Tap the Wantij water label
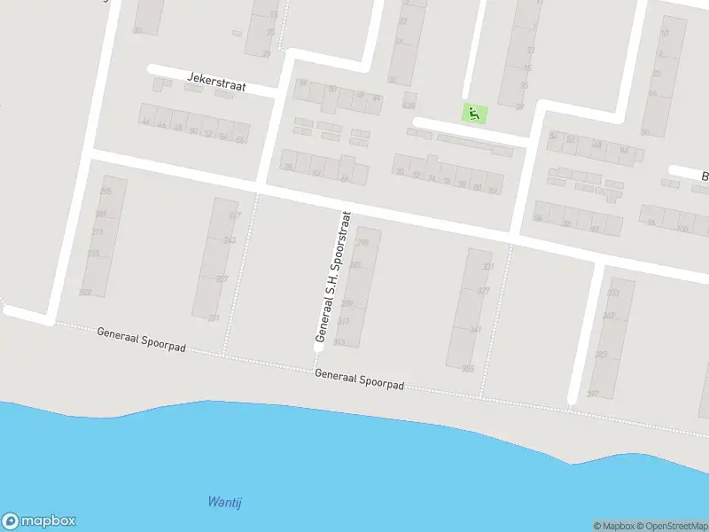tap(224, 502)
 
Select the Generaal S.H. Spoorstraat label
tap(333, 278)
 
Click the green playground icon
tap(475, 113)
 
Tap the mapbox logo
tap(39, 521)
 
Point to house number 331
tap(487, 266)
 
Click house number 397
tap(593, 394)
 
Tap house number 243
tap(230, 240)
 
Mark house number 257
tap(222, 278)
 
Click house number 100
tap(681, 229)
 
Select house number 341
tap(476, 330)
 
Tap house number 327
tap(483, 291)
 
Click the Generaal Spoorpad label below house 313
tap(359, 380)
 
